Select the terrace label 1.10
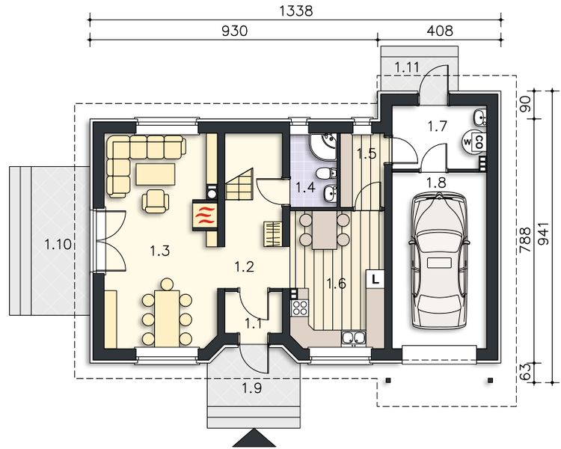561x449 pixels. click(58, 243)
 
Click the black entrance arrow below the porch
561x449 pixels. click(254, 437)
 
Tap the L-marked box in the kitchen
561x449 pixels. click(375, 278)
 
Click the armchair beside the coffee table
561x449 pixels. click(155, 199)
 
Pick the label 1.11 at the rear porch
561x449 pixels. click(408, 67)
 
